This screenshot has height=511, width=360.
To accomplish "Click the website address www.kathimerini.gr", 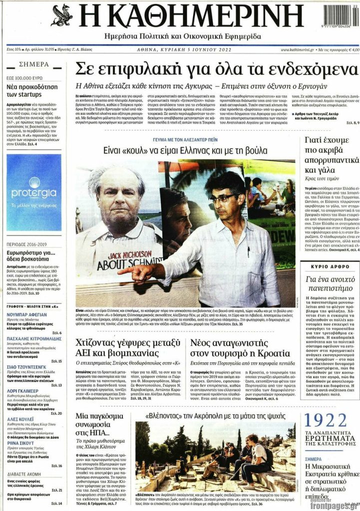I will click(298, 50).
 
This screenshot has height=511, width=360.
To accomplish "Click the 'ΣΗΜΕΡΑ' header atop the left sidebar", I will click(34, 64).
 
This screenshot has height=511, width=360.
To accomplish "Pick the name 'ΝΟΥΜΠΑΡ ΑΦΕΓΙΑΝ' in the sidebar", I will click(28, 314).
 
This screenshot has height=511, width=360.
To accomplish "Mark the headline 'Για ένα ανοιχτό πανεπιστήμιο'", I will click(332, 285).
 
